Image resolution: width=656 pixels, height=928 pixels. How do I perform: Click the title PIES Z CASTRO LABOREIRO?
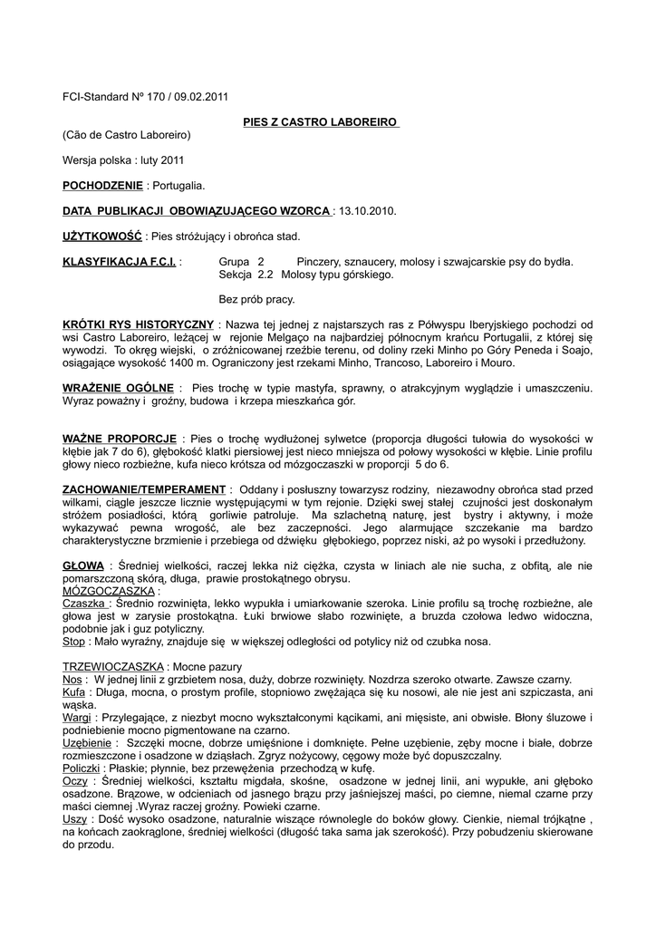point(322,121)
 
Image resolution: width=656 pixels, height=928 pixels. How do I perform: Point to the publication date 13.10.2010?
point(367,210)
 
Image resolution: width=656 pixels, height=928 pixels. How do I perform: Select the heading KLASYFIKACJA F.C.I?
point(119,261)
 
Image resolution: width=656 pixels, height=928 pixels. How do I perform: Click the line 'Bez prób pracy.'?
point(256,298)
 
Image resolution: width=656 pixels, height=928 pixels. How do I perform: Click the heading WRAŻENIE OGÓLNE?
point(117,388)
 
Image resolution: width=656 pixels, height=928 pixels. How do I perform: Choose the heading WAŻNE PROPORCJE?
point(119,439)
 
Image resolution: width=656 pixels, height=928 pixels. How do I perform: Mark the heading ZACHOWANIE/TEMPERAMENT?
point(143,489)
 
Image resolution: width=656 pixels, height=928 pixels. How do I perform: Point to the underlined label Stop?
point(73,642)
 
